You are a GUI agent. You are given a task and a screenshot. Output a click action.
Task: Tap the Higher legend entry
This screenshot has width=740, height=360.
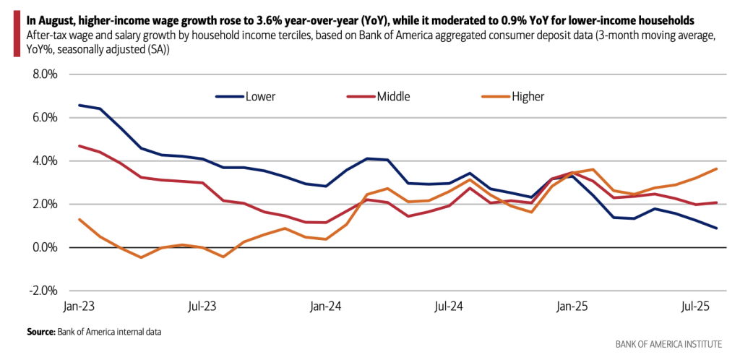click(528, 96)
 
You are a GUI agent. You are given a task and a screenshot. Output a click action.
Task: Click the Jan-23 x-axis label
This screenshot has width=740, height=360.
click(79, 307)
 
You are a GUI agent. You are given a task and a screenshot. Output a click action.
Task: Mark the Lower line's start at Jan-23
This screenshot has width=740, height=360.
click(79, 105)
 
